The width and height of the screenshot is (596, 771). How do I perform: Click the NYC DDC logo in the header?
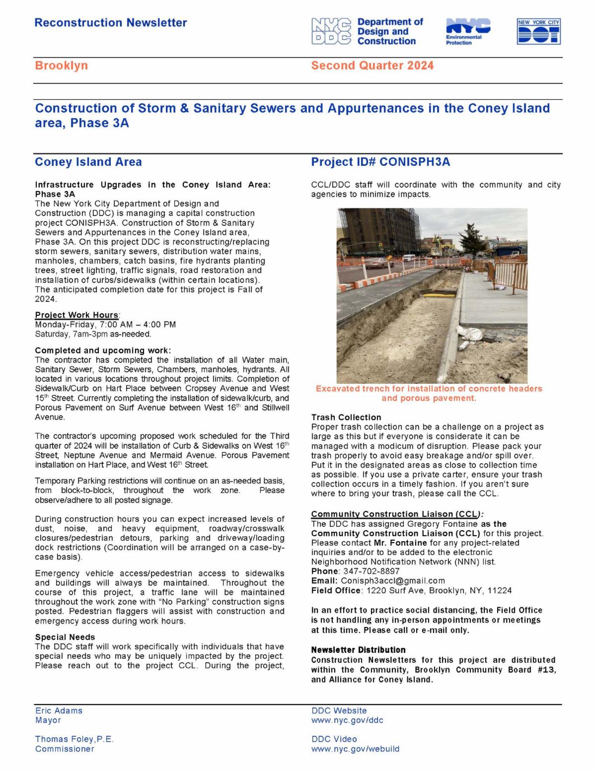click(x=368, y=31)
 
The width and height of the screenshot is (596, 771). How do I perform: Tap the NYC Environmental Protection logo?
click(x=467, y=31)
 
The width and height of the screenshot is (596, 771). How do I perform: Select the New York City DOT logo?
click(x=538, y=32)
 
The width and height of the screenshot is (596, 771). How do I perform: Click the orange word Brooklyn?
click(x=61, y=66)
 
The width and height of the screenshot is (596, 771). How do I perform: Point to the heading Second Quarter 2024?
click(x=372, y=66)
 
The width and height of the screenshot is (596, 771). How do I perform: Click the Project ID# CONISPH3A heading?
click(x=380, y=162)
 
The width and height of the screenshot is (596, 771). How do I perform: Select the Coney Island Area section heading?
click(x=88, y=162)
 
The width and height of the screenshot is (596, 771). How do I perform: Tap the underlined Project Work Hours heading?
click(x=77, y=315)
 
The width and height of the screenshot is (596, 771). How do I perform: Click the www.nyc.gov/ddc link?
click(x=347, y=720)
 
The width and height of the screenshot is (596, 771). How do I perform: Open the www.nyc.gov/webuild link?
click(x=355, y=749)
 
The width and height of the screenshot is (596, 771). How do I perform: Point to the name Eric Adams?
click(x=59, y=711)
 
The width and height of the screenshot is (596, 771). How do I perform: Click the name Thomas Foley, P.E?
click(x=74, y=739)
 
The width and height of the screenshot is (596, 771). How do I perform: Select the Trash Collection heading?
click(x=346, y=418)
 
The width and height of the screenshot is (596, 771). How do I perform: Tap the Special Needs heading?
click(x=65, y=637)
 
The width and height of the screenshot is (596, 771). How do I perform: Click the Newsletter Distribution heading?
click(x=358, y=650)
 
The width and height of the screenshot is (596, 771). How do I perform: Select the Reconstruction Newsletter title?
click(x=111, y=23)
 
